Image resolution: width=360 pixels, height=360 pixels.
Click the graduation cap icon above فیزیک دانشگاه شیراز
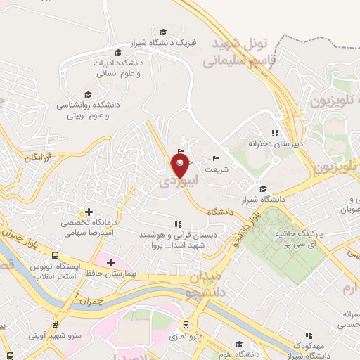point(164,32)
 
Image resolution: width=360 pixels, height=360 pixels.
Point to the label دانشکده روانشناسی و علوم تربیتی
point(91,109)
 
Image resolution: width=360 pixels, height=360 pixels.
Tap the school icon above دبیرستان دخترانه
point(275,132)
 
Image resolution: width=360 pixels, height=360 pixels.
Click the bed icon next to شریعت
point(215,159)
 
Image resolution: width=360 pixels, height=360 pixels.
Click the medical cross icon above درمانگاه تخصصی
point(89,211)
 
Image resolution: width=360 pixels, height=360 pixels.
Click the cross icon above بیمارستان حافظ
point(110,262)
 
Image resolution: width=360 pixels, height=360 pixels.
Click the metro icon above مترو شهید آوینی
point(55,324)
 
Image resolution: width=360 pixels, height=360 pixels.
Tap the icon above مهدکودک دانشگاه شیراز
point(307,336)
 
